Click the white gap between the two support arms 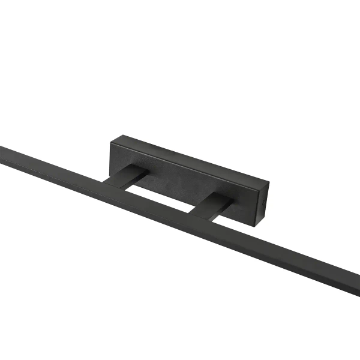(162, 195)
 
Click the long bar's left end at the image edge (2, 152)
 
